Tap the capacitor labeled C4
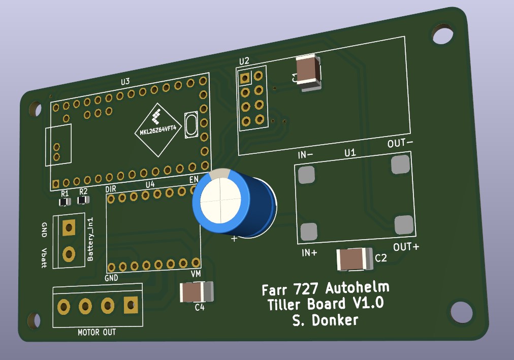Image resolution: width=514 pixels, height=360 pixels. point(196,292)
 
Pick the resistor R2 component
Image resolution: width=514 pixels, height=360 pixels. point(83,200)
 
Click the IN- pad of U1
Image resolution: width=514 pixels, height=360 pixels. point(306,175)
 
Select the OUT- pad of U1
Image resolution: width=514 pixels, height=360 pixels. point(400,165)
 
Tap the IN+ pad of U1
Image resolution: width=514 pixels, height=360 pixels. point(309,232)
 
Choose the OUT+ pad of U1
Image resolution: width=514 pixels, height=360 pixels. point(404,224)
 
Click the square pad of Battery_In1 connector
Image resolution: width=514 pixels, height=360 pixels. point(67,227)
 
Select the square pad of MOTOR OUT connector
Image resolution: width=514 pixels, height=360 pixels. point(131,305)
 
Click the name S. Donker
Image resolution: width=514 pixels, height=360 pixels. point(325,320)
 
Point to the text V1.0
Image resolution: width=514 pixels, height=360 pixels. point(364,304)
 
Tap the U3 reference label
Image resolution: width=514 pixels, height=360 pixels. point(125,81)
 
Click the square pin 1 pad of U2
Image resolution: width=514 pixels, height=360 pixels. point(245,78)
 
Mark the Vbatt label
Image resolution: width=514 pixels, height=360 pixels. point(44,257)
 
